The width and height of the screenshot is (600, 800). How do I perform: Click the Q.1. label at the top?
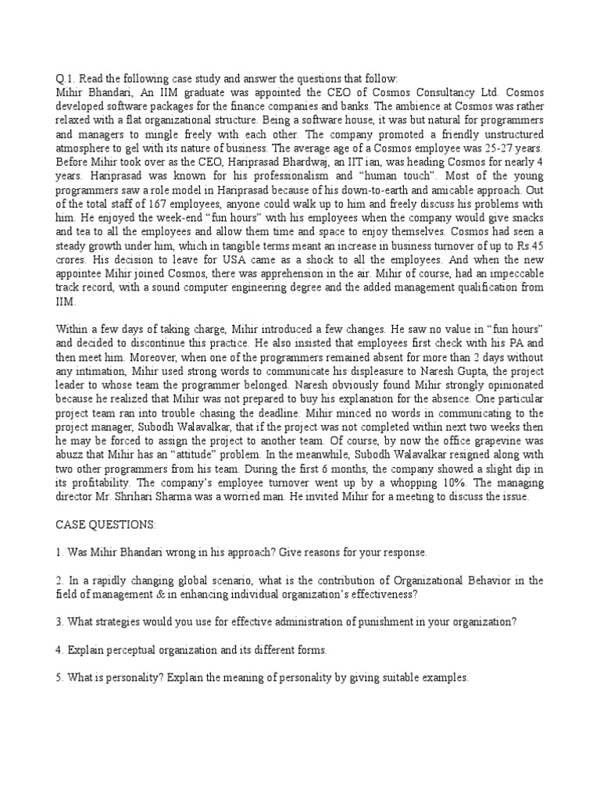click(64, 78)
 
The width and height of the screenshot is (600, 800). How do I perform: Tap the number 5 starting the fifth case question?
click(59, 678)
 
